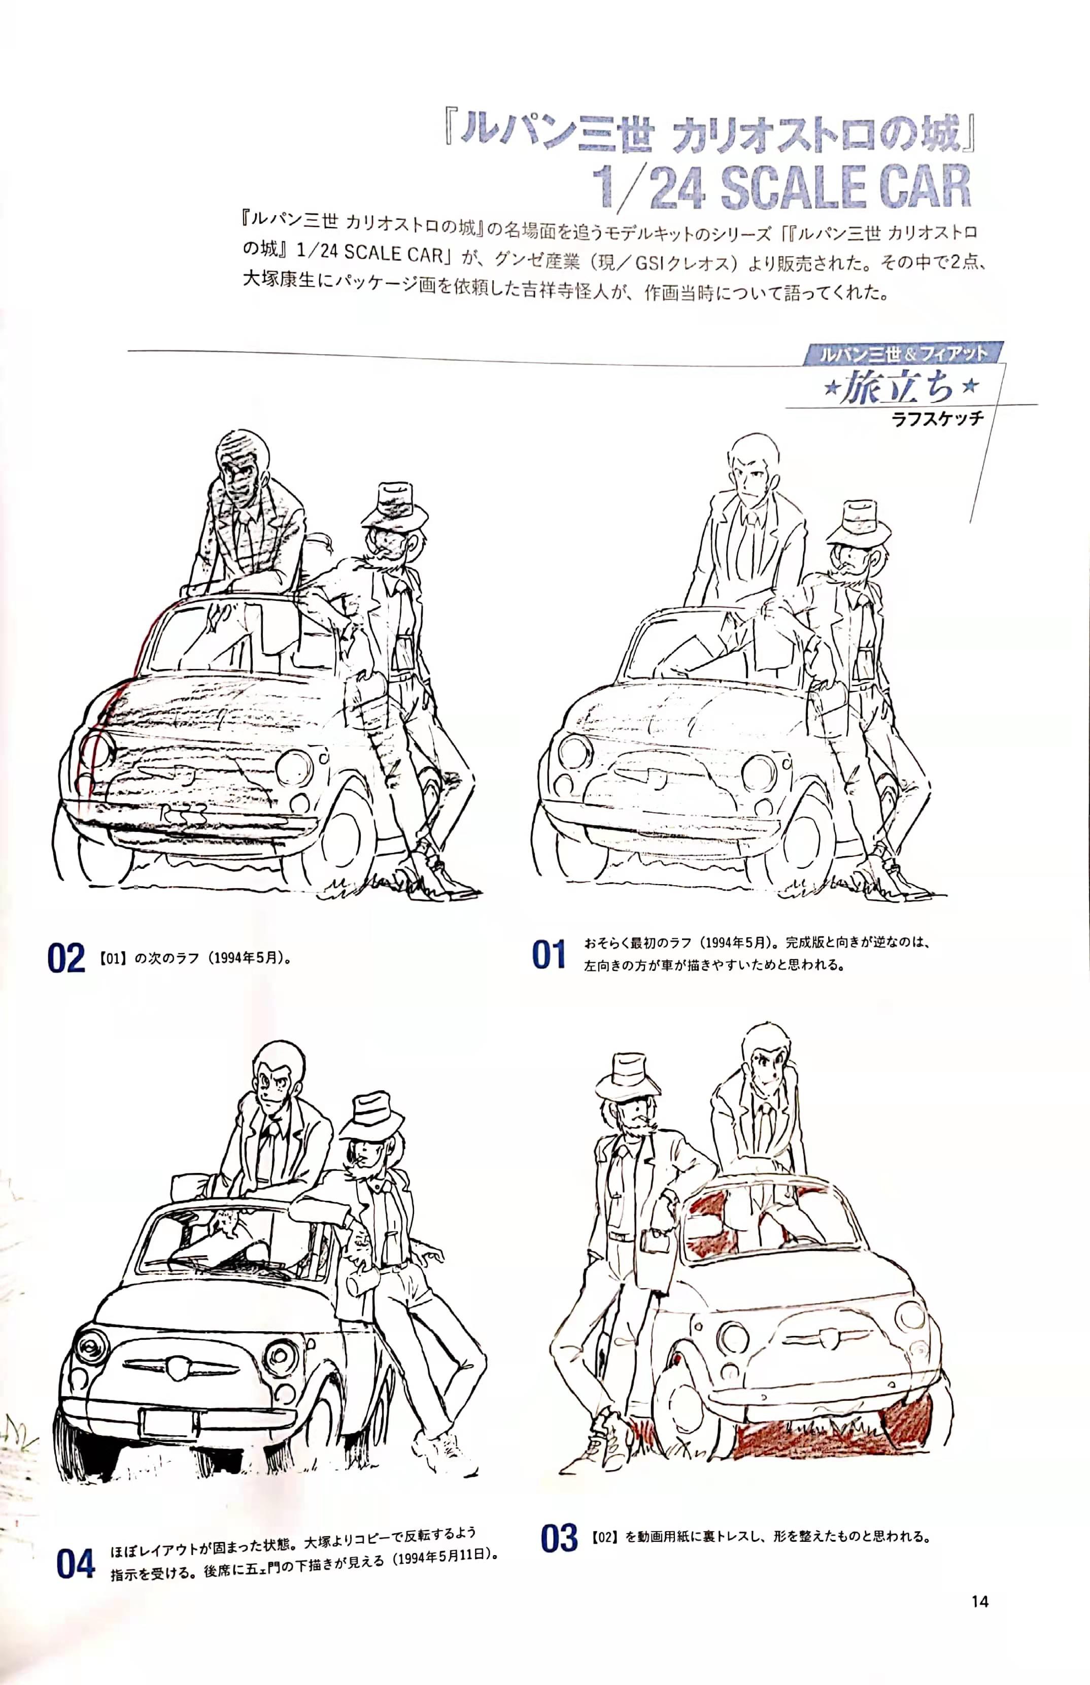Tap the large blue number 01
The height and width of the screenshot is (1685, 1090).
click(549, 955)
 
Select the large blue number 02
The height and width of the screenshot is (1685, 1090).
click(66, 958)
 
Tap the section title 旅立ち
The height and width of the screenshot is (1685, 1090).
click(898, 389)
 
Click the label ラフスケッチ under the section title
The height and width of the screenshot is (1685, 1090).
click(938, 418)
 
